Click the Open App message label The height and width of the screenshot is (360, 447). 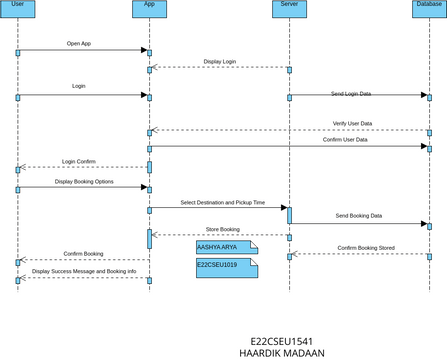pos(79,44)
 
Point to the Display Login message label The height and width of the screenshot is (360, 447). pos(220,62)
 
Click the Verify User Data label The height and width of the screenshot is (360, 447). pos(352,124)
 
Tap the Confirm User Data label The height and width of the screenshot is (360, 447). pos(345,140)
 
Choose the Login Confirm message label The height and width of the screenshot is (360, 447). pos(79,161)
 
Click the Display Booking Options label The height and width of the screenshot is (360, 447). pos(84,182)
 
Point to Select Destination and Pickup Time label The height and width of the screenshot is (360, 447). pos(223,202)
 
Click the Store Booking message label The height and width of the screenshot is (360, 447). pos(222,230)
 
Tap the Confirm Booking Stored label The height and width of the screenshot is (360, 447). pos(365,247)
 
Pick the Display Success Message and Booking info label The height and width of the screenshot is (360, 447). pos(84,271)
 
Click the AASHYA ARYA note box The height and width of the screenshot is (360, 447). pos(226,246)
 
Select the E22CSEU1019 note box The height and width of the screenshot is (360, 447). pos(226,267)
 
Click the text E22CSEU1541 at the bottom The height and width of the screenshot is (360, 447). pos(282,341)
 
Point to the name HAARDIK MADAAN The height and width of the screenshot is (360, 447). pos(282,353)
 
